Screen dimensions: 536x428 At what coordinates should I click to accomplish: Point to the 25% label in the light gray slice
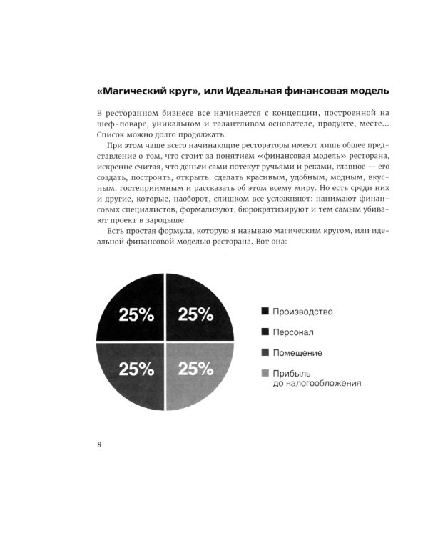195,369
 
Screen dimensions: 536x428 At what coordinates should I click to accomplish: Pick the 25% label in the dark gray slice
136,369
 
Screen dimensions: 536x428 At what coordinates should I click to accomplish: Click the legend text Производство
302,312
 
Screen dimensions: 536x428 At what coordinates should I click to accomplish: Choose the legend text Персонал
294,332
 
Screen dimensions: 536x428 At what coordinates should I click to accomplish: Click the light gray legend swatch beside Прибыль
265,373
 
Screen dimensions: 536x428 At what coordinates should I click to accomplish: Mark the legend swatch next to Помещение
265,352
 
